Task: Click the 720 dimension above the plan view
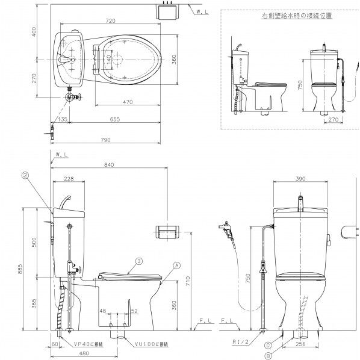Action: coord(110,21)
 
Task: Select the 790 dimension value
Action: coord(105,140)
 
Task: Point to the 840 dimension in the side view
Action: coord(109,164)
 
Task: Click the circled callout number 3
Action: coord(138,261)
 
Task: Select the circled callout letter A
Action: coord(176,265)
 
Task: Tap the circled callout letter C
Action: coord(267,345)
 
